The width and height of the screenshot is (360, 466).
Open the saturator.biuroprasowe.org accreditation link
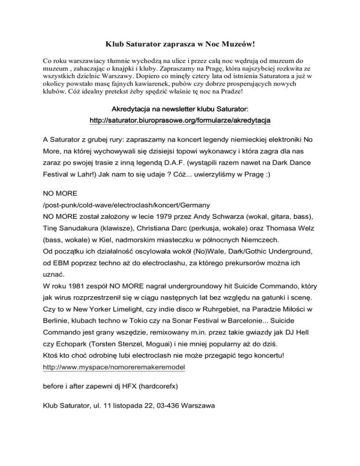click(x=180, y=120)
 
